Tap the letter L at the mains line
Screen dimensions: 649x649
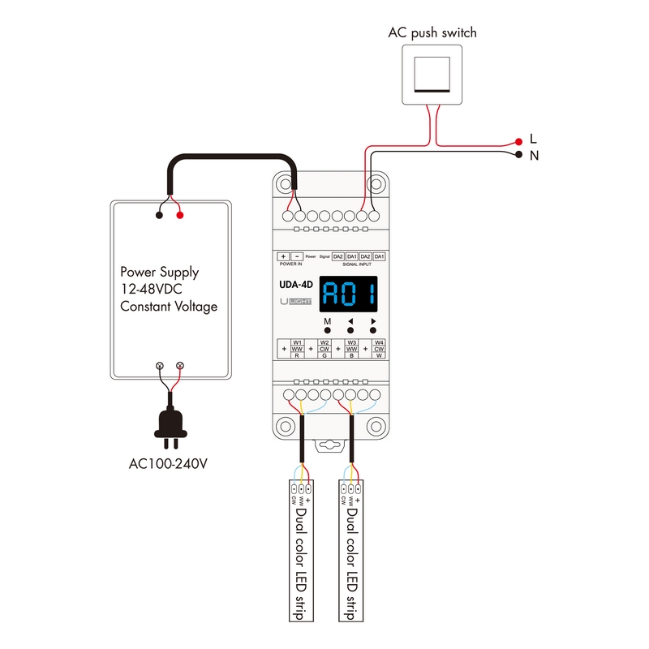533,139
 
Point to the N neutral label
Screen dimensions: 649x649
534,154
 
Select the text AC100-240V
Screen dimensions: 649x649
170,464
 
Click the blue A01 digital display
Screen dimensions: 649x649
349,295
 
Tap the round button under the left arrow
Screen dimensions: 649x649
350,332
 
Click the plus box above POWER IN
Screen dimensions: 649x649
283,256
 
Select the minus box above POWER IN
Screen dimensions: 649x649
297,256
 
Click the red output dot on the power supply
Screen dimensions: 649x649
179,216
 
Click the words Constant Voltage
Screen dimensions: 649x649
168,307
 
